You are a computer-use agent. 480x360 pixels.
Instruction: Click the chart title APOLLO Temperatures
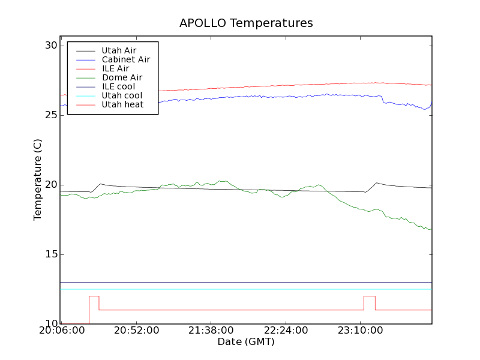[x=246, y=23]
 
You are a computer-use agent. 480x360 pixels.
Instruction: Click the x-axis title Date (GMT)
[x=246, y=342]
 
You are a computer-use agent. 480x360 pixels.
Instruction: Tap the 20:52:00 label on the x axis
[x=136, y=331]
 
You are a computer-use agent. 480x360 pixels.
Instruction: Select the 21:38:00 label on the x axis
[x=211, y=331]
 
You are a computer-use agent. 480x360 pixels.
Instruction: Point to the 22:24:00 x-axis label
[x=286, y=331]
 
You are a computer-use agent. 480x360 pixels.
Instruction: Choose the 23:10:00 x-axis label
[x=360, y=331]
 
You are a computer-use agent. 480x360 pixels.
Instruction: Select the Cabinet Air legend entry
[x=125, y=59]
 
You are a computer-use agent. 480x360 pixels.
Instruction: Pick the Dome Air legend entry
[x=122, y=77]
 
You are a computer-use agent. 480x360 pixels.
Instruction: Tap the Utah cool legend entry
[x=122, y=95]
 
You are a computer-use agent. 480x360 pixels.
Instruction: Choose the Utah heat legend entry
[x=122, y=104]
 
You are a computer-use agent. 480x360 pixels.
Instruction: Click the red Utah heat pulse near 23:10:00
[x=369, y=296]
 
